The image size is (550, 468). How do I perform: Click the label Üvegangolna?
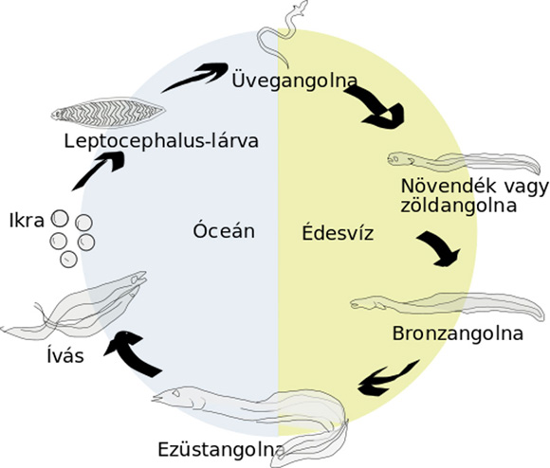tap(295, 81)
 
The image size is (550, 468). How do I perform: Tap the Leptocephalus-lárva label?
tap(161, 141)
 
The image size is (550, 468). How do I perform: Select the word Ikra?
tap(27, 221)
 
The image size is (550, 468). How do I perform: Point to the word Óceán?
tap(224, 231)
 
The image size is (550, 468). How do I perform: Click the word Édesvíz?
tap(338, 233)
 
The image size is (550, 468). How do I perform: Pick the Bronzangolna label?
tap(458, 333)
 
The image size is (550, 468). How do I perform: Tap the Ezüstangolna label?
tap(220, 449)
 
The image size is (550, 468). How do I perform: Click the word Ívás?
tap(65, 355)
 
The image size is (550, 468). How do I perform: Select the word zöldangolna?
tap(459, 206)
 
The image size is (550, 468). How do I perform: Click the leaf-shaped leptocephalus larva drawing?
tap(108, 113)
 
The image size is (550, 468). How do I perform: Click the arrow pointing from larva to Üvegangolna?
tap(195, 78)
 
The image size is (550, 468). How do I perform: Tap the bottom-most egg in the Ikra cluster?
tap(68, 260)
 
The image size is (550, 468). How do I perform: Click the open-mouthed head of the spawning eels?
tap(137, 279)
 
